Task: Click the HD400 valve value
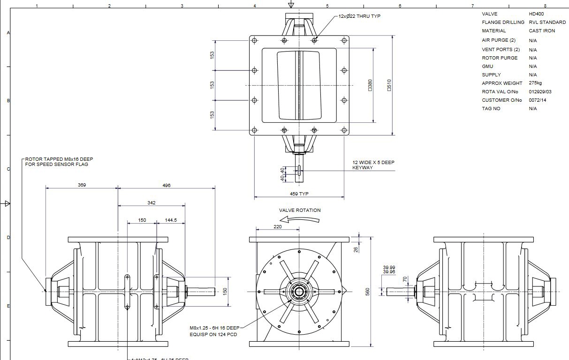[x=536, y=14]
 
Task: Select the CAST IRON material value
[x=542, y=31]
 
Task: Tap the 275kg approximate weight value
[x=535, y=83]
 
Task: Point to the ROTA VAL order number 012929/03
[x=540, y=92]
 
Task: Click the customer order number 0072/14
[x=538, y=100]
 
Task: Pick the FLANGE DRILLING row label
[x=503, y=22]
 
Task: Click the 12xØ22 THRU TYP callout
[x=359, y=16]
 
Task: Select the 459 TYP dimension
[x=299, y=194]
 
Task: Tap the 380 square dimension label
[x=370, y=85]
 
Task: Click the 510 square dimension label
[x=389, y=85]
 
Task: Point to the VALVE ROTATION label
[x=300, y=210]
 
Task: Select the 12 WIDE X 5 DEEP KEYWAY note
[x=373, y=165]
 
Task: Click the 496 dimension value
[x=167, y=185]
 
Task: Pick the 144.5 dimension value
[x=171, y=220]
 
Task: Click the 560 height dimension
[x=368, y=292]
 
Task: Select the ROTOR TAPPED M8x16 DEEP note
[x=59, y=162]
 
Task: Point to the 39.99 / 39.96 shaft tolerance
[x=389, y=270]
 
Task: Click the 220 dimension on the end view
[x=277, y=226]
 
